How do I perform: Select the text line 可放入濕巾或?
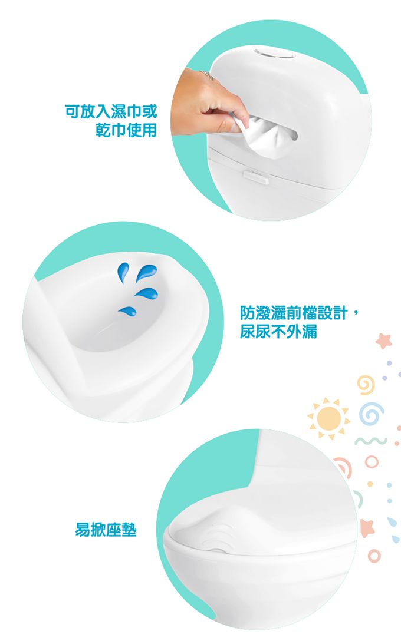pos(111,110)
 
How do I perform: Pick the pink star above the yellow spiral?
pos(384,341)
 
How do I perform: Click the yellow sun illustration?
pos(329,418)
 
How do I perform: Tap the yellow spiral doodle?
pos(366,385)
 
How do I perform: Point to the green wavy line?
pos(371,441)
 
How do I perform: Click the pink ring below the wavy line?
pos(371,462)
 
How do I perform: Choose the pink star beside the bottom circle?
pos(367,527)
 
